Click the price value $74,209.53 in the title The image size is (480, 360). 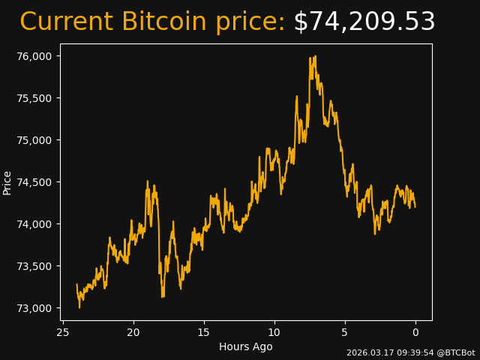tap(364, 22)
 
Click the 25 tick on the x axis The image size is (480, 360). tap(63, 332)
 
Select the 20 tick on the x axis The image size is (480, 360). tap(133, 332)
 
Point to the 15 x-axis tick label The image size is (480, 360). tap(204, 332)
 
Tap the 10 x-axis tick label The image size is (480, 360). tap(274, 332)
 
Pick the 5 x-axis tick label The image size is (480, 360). tap(345, 332)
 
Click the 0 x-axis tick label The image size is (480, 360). tap(415, 332)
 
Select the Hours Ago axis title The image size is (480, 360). tap(246, 346)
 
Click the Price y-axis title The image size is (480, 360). tap(7, 182)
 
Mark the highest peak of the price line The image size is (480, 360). tap(315, 56)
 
